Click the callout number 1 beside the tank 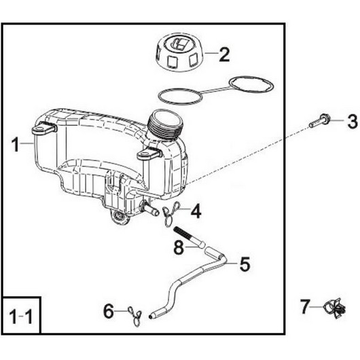(x=16, y=144)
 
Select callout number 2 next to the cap (x=224, y=55)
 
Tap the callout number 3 (x=353, y=121)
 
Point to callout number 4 (x=196, y=211)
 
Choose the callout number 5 (x=245, y=264)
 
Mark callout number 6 (x=109, y=311)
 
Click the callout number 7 (x=305, y=306)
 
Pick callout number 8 (x=179, y=247)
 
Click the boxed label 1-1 (x=21, y=316)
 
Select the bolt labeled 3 (x=319, y=121)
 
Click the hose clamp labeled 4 (x=171, y=213)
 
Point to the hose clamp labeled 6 (x=135, y=316)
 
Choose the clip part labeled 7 (x=334, y=308)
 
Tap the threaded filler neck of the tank (x=165, y=124)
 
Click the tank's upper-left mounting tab (x=44, y=128)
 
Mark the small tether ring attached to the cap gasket (x=251, y=86)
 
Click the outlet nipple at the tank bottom (x=150, y=207)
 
